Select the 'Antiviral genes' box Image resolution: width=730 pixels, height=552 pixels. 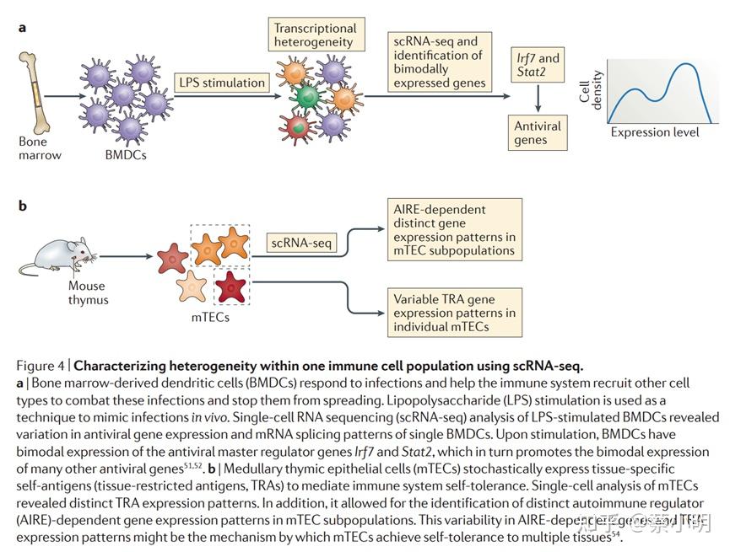(x=537, y=133)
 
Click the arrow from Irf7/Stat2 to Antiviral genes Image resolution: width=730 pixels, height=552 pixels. (x=538, y=99)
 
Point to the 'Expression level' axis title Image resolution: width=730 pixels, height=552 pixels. (x=654, y=133)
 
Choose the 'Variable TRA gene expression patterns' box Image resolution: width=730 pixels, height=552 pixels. (x=455, y=312)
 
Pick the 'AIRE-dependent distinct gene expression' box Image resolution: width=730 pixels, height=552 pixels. (x=455, y=229)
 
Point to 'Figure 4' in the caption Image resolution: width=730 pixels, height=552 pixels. (x=42, y=365)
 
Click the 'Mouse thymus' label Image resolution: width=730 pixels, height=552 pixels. (x=89, y=292)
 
